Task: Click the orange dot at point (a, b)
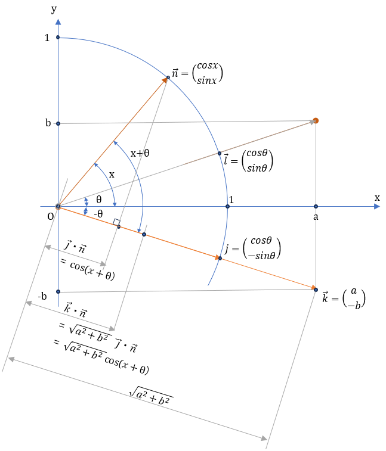[x=316, y=120]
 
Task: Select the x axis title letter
[x=377, y=197]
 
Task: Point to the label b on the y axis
[x=48, y=123]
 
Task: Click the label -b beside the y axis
[x=42, y=296]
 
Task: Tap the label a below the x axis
[x=316, y=217]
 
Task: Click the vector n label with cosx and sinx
[x=197, y=73]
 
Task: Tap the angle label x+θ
[x=140, y=153]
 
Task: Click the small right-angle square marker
[x=117, y=222]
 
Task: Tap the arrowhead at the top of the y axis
[x=58, y=22]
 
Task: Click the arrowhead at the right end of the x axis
[x=376, y=207]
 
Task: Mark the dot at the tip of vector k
[x=316, y=290]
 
